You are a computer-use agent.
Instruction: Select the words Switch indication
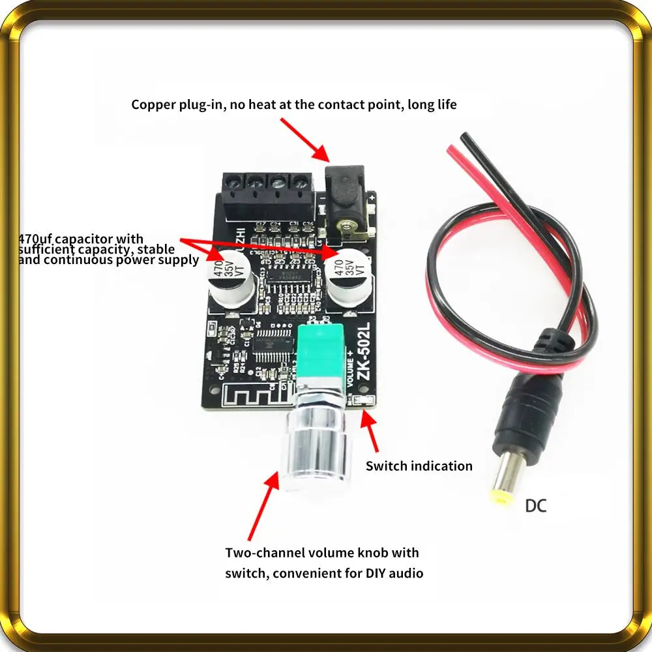tap(419, 466)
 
